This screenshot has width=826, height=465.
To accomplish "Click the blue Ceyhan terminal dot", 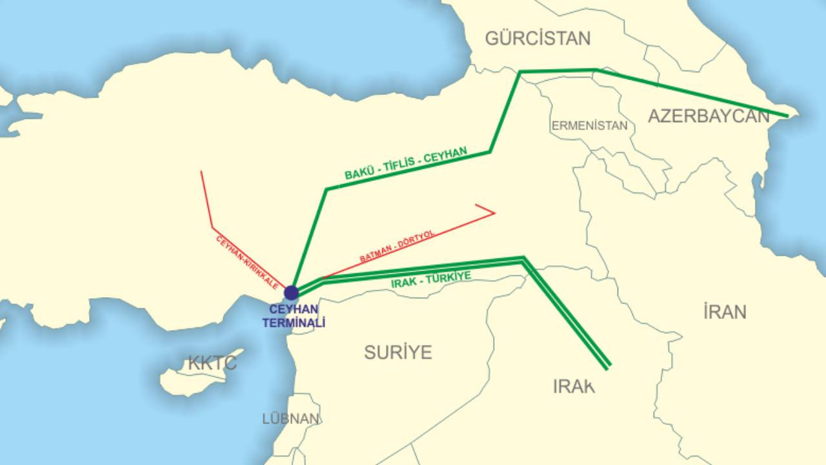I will coord(292,293).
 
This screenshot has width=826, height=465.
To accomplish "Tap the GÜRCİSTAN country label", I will coord(538,39).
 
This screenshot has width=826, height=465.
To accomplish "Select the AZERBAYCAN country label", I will coord(709,116).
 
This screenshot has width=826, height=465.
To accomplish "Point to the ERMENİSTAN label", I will coord(589,126).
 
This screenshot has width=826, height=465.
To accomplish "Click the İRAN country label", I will coord(725,312).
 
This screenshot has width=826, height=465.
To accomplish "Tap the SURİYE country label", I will coord(398,352).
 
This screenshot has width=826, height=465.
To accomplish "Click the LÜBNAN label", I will coord(290,418).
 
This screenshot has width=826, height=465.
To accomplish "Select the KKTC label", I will coord(212,363).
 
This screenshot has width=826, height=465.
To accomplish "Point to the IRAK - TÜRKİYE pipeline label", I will coord(431,280).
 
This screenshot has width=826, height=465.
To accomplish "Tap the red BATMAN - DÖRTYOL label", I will coord(398,247).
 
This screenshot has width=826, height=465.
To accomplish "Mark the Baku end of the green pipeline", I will coord(787,116).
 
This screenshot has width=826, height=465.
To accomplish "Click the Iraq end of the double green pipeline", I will coord(607,367).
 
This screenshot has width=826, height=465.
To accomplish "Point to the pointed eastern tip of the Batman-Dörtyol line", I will coord(494,212).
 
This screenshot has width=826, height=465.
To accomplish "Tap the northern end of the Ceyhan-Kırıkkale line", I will coord(201,172).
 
